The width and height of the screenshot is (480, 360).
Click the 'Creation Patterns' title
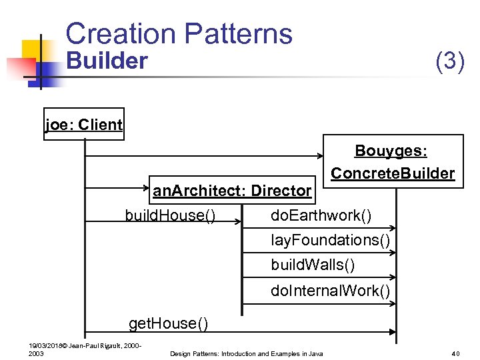tap(179, 33)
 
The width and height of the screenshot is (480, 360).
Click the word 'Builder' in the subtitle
tap(107, 61)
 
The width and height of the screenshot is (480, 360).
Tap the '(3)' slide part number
tap(449, 61)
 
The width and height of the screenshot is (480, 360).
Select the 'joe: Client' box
tap(83, 125)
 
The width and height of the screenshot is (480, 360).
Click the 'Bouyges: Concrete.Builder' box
tap(392, 162)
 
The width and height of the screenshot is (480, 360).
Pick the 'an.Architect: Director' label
tap(232, 191)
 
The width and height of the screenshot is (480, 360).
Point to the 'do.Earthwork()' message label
tap(321, 216)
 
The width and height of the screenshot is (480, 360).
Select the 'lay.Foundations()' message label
tap(330, 240)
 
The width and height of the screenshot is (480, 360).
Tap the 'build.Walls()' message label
tap(313, 265)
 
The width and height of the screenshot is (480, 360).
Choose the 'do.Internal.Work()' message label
tap(330, 291)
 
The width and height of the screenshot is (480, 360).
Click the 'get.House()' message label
tap(168, 324)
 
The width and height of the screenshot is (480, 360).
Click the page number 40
tap(456, 353)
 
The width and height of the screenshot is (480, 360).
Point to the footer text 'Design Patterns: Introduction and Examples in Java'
tap(247, 353)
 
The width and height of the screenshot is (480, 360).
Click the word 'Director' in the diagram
tap(281, 191)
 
